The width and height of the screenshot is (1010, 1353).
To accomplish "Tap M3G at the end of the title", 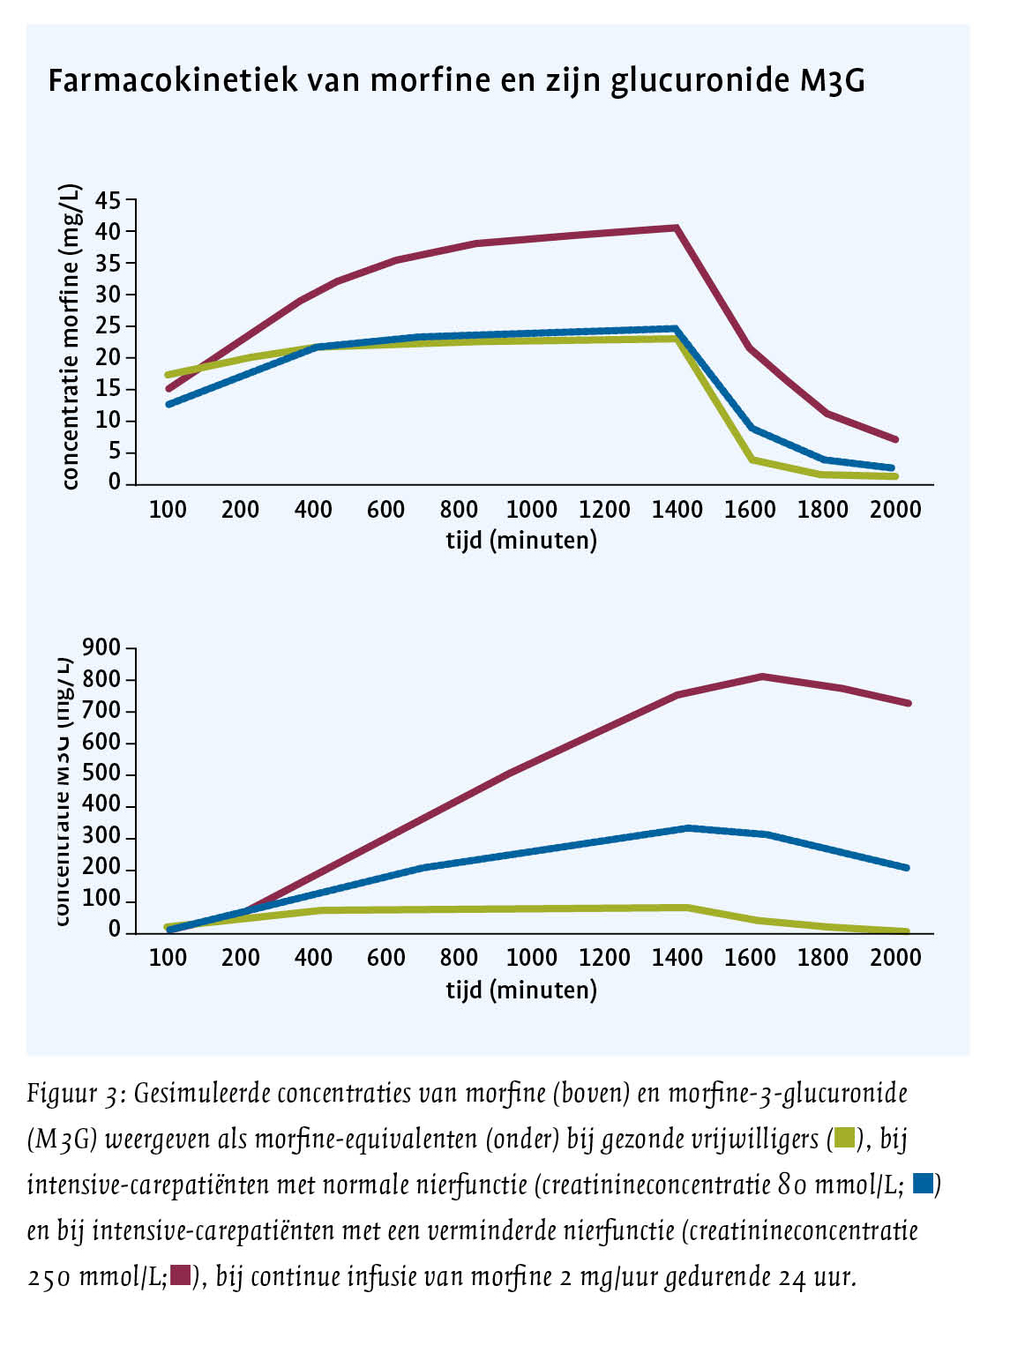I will click(x=831, y=81).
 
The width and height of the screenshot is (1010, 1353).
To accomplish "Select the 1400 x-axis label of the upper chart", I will click(x=677, y=510).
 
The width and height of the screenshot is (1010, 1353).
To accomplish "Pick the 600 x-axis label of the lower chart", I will click(x=385, y=958).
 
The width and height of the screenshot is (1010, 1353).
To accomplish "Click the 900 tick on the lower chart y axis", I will click(x=101, y=648).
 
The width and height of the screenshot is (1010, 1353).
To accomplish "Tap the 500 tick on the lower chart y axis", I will click(x=101, y=774).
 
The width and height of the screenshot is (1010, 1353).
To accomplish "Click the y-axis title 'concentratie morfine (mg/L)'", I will click(x=70, y=337).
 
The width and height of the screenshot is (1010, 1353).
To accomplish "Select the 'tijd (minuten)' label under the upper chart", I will click(x=521, y=540).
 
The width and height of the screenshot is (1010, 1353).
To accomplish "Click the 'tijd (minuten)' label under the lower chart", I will click(x=521, y=990).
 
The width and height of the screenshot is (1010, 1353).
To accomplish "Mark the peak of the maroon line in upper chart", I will click(x=676, y=228).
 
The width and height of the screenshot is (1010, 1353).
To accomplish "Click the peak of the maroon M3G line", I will click(x=762, y=676).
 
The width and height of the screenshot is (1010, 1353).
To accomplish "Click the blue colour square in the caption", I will click(x=923, y=1184).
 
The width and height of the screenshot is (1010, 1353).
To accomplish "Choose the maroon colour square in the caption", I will click(x=181, y=1275).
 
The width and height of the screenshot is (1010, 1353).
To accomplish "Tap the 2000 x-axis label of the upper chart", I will click(x=894, y=510).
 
